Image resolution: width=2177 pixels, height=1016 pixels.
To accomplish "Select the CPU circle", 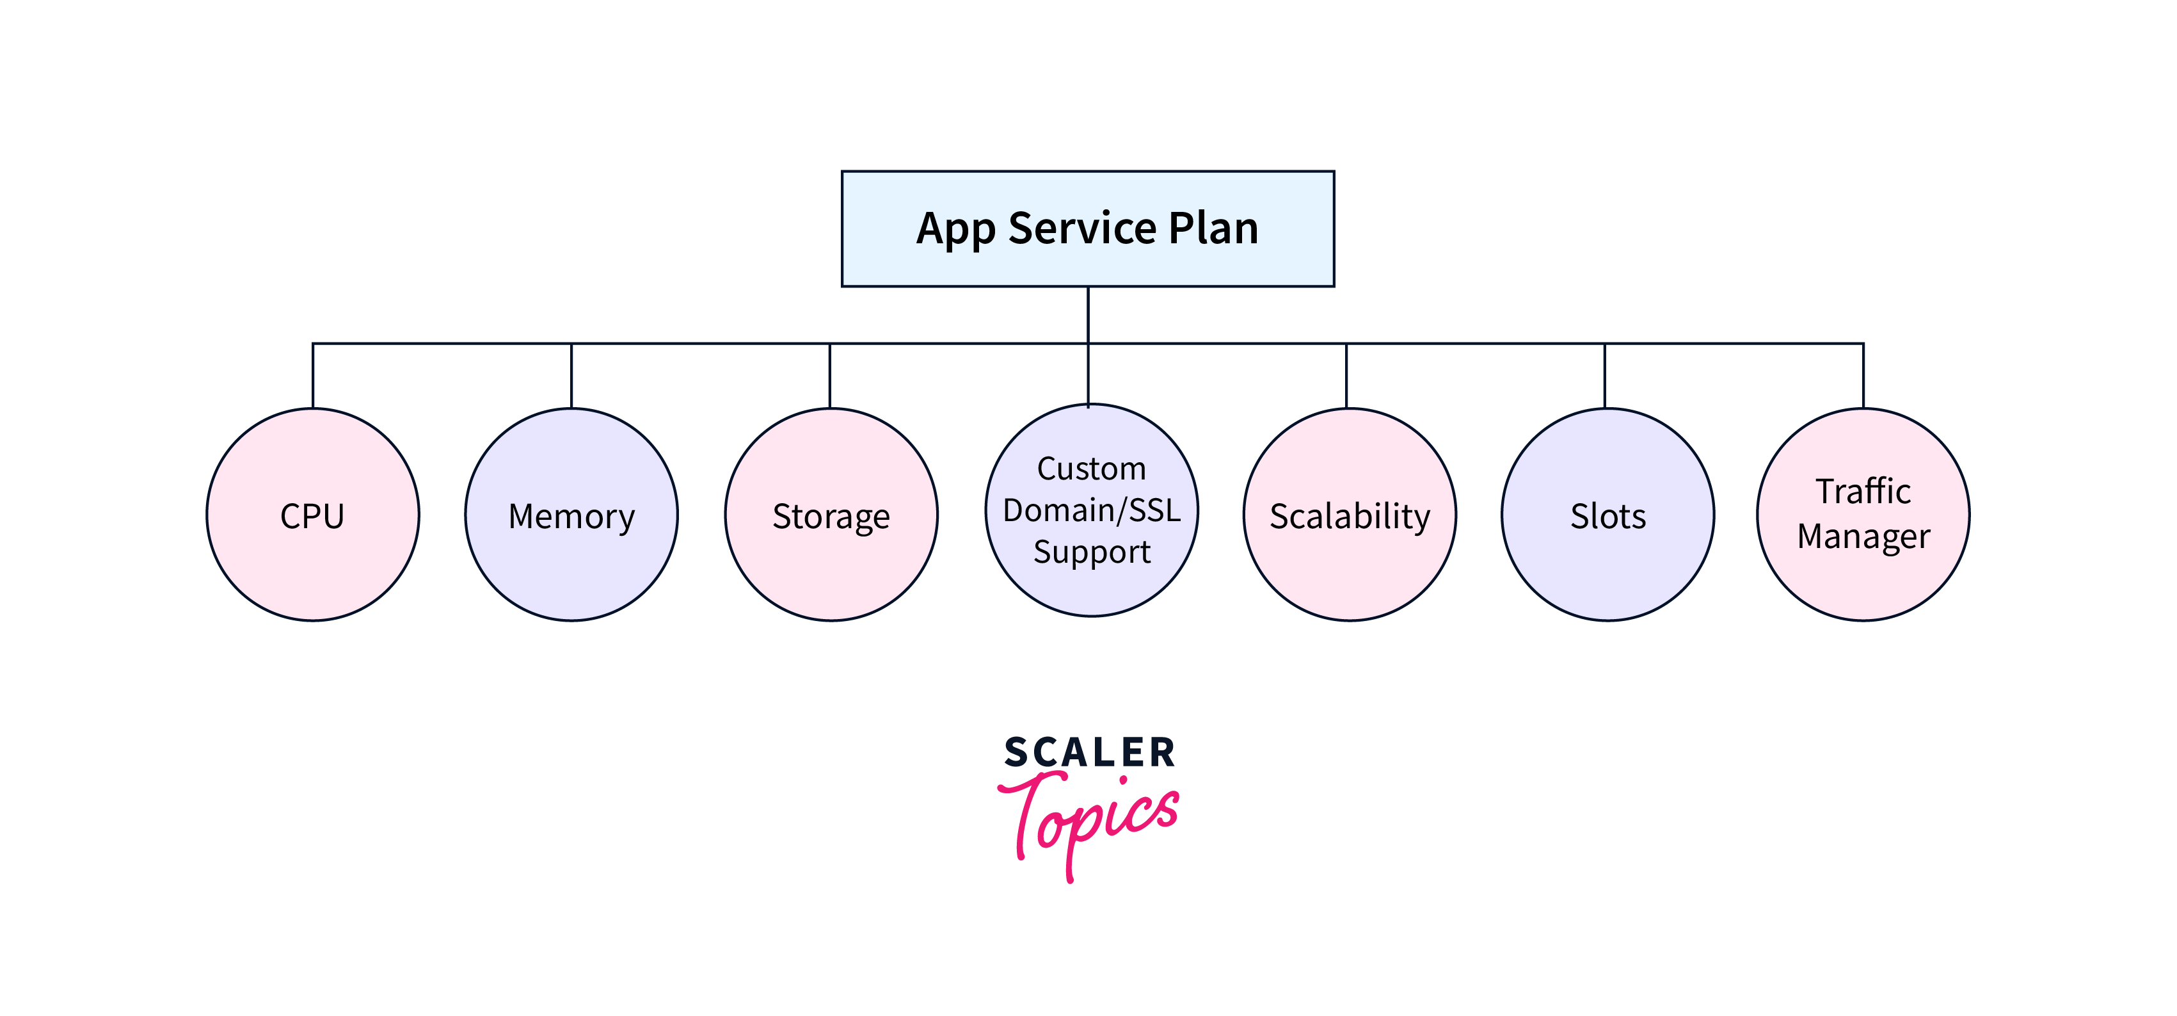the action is [313, 515].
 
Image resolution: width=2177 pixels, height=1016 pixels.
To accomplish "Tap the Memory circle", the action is [571, 515].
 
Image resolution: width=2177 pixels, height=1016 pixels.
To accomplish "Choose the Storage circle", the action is [831, 515].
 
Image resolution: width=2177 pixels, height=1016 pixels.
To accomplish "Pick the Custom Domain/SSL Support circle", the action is [1092, 510].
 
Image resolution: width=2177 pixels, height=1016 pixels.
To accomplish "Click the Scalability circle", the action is [1350, 515].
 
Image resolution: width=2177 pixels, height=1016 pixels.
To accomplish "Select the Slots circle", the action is [1608, 515].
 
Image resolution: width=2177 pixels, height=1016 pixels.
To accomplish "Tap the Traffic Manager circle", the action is [1863, 515].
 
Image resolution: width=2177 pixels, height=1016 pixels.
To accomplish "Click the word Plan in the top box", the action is [1213, 228].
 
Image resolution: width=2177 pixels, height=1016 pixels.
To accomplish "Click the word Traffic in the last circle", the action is [1863, 491].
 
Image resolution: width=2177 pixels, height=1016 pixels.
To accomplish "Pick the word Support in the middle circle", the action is [1092, 552].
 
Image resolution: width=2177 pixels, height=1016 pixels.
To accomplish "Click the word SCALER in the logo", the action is [1089, 752].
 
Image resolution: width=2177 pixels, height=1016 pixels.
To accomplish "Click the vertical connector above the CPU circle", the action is [313, 376].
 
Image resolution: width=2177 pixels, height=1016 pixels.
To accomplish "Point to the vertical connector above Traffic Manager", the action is [1863, 376].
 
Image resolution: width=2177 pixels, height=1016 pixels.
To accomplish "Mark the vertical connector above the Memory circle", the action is [571, 376].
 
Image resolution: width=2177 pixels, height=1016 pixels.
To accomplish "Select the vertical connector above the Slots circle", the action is [1605, 376].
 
